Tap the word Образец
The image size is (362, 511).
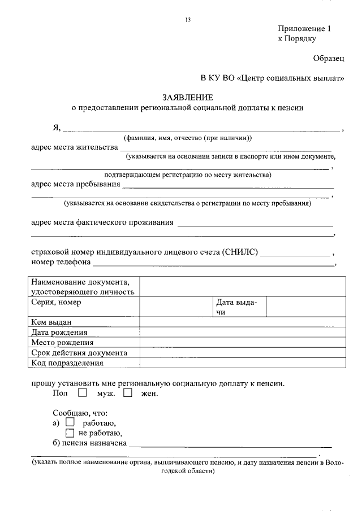(x=329, y=58)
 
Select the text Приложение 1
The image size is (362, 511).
(x=303, y=29)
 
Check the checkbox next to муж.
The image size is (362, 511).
(x=83, y=392)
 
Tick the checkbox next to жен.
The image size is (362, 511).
(x=127, y=392)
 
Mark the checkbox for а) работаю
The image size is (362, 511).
(x=70, y=422)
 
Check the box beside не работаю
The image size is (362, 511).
(x=70, y=433)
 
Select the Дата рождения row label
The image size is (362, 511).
(x=59, y=332)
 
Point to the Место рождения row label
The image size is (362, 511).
(x=62, y=342)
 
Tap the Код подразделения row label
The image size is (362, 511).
(x=67, y=363)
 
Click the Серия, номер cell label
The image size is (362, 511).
(x=56, y=302)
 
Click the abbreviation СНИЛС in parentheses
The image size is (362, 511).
(x=240, y=252)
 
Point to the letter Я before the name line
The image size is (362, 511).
(x=56, y=126)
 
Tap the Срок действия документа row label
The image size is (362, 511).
(x=79, y=353)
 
